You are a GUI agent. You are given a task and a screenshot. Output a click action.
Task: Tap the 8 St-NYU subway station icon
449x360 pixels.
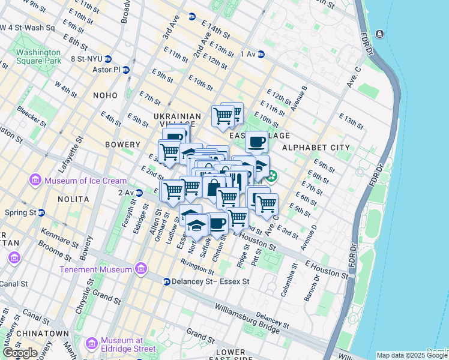tap(108, 59)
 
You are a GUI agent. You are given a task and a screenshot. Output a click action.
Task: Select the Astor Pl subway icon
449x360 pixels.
tap(125, 70)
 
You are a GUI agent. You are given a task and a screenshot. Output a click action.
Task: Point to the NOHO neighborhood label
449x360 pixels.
tap(106, 95)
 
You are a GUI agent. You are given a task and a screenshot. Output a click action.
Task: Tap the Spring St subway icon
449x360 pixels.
tap(41, 212)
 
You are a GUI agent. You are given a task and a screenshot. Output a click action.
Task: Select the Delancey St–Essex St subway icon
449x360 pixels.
tap(167, 281)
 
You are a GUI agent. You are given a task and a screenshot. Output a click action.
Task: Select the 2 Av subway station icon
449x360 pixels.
tap(139, 193)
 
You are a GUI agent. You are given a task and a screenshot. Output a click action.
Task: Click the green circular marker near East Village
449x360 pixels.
tap(272, 176)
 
